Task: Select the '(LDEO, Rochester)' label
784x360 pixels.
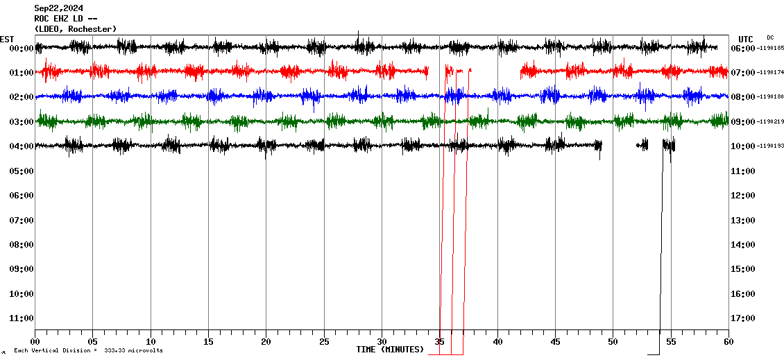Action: pyautogui.click(x=76, y=28)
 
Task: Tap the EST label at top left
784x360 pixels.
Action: pyautogui.click(x=7, y=39)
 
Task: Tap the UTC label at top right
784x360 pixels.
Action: pyautogui.click(x=746, y=39)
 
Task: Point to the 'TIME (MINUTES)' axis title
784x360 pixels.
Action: pyautogui.click(x=390, y=350)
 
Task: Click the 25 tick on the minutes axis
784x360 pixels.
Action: pyautogui.click(x=324, y=341)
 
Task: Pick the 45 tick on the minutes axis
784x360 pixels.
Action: pyautogui.click(x=555, y=341)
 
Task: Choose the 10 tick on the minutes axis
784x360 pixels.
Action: pyautogui.click(x=151, y=341)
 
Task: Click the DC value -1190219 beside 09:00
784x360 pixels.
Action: pyautogui.click(x=772, y=122)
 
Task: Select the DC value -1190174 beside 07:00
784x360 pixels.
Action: pyautogui.click(x=772, y=73)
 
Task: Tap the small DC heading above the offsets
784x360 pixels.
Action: pyautogui.click(x=770, y=37)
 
